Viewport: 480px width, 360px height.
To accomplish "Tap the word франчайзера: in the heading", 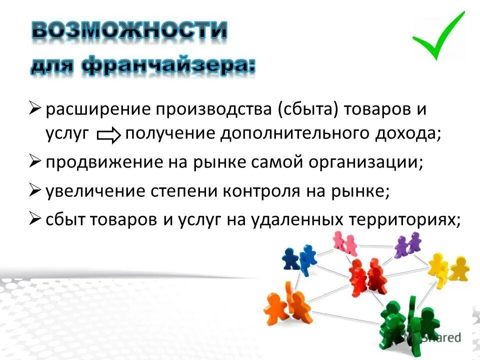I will pyautogui.click(x=166, y=66).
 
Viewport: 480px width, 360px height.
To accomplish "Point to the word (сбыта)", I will pyautogui.click(x=307, y=110).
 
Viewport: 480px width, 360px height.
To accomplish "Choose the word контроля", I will pyautogui.click(x=272, y=192).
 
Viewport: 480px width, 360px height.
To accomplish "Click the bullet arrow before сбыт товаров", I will pyautogui.click(x=34, y=218).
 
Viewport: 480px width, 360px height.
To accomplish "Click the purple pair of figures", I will pyautogui.click(x=407, y=245).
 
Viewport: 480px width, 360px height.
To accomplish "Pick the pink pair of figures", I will pyautogui.click(x=344, y=243).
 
